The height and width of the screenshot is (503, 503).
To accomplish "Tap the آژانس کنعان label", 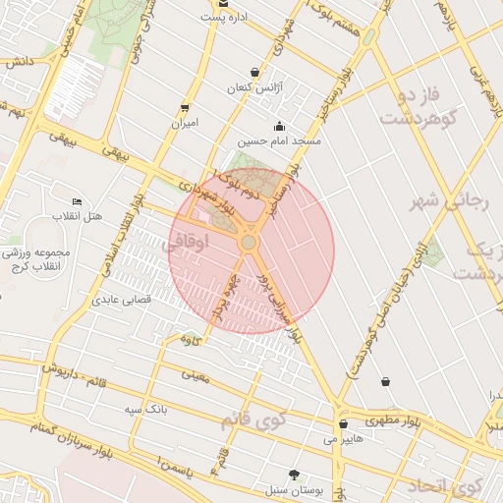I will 254,88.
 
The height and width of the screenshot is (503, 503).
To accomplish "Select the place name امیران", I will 185,124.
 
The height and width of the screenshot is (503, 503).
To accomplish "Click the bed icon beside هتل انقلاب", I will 78,201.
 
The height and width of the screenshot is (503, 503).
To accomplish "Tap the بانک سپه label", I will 145,407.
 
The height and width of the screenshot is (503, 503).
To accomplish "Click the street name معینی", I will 196,373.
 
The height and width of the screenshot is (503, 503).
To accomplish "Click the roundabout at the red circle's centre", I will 250,242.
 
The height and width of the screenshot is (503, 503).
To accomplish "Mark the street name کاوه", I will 192,339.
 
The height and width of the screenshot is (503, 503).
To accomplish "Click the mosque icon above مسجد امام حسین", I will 279,125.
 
